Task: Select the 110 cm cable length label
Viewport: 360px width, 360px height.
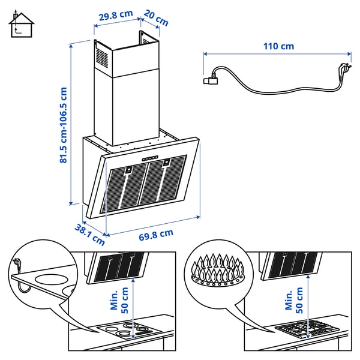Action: pos(278,46)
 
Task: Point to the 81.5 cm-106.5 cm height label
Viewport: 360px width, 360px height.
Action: pos(63,125)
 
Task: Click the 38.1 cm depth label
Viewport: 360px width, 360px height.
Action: pos(89,235)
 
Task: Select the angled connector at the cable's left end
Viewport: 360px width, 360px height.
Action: pos(212,77)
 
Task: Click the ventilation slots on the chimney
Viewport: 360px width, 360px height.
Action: pos(101,58)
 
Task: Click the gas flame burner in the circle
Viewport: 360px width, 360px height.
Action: pos(215,274)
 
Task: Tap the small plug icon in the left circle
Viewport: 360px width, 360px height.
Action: pos(19,264)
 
